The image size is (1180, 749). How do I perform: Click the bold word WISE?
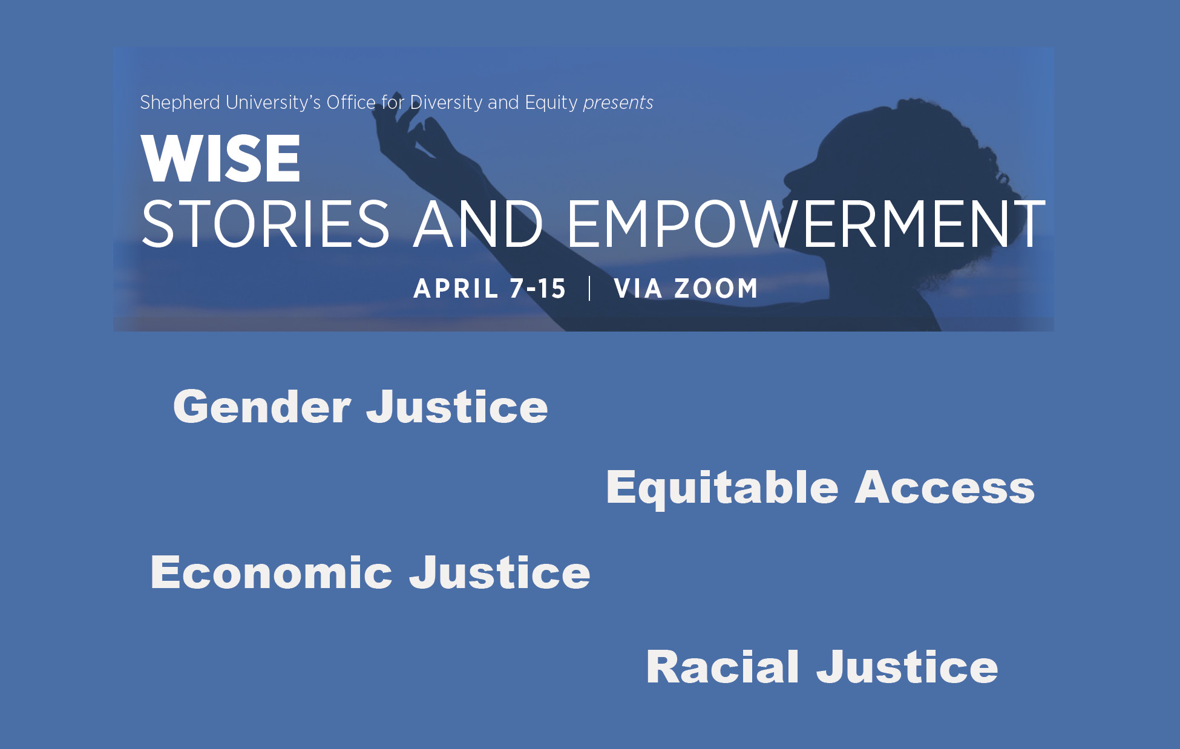point(221,159)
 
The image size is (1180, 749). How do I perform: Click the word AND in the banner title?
point(478,224)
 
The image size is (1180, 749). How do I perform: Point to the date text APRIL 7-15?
point(490,289)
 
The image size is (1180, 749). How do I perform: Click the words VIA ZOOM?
point(686,289)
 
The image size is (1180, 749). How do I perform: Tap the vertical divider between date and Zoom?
point(589,289)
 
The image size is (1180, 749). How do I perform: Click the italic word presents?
point(618,103)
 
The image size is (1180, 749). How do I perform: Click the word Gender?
point(261,407)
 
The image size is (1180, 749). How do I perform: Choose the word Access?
point(945,488)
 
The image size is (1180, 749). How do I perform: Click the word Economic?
point(271,572)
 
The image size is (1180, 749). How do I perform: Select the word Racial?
point(723,667)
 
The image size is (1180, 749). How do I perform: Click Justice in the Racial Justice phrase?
point(907,667)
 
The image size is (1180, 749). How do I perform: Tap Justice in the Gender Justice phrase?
point(457,407)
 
